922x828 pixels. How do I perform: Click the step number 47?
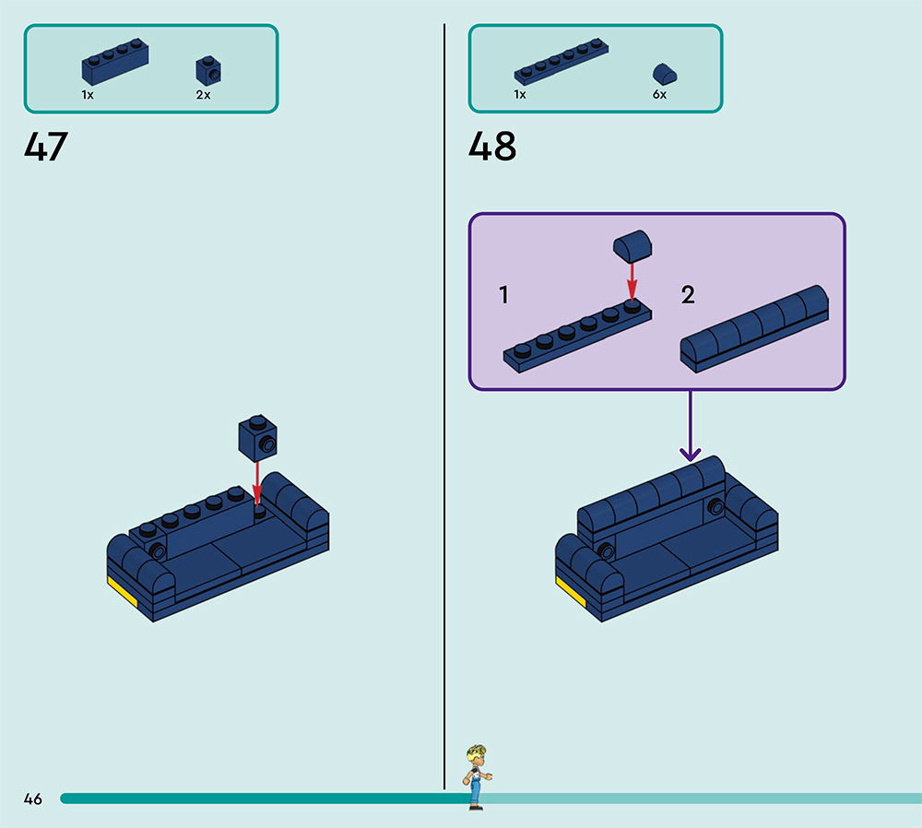pyautogui.click(x=46, y=148)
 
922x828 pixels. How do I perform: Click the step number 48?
pyautogui.click(x=492, y=148)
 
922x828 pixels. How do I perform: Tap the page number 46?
pyautogui.click(x=33, y=799)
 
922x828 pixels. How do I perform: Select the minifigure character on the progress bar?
pyautogui.click(x=476, y=776)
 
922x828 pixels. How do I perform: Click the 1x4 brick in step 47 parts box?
pyautogui.click(x=115, y=61)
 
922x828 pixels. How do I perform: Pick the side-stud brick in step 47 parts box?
pyautogui.click(x=208, y=70)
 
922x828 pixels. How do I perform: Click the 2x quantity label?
pyautogui.click(x=203, y=95)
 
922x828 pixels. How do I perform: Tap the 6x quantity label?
pyautogui.click(x=659, y=95)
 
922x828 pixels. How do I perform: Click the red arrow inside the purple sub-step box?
pyautogui.click(x=632, y=279)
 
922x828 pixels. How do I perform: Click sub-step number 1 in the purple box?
pyautogui.click(x=503, y=295)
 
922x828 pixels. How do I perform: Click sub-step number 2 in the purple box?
pyautogui.click(x=688, y=295)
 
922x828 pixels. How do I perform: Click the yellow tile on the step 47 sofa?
pyautogui.click(x=121, y=591)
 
